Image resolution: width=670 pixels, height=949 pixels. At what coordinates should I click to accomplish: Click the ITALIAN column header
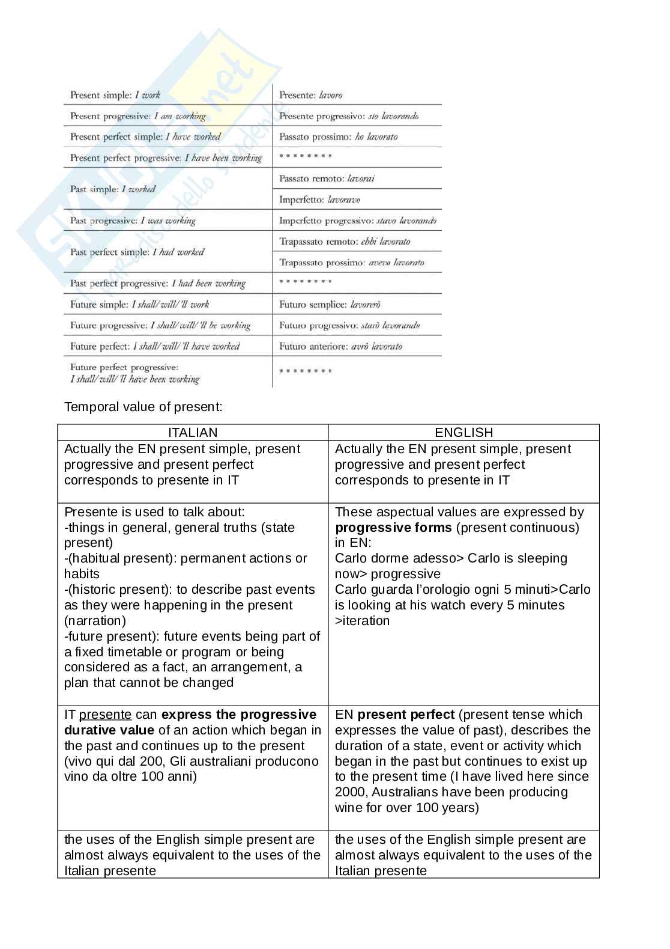coord(193,432)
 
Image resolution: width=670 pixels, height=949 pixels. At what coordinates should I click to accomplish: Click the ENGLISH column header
coord(463,432)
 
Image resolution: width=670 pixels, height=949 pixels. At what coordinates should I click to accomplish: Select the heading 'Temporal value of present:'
coord(143,407)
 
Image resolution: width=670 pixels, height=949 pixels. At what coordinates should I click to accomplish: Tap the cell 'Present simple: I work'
coord(115,95)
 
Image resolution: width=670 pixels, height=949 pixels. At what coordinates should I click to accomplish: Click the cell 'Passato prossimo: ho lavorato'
coord(338,137)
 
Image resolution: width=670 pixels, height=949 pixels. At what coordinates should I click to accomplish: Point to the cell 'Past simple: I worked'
coord(113,189)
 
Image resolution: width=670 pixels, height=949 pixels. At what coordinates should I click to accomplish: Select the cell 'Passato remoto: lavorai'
coord(327,179)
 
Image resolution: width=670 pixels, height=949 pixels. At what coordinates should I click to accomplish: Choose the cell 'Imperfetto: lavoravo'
coord(319,200)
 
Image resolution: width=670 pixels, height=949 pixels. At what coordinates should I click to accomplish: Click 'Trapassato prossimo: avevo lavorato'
coord(352,263)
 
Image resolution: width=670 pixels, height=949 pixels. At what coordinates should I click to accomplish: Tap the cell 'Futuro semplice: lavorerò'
coord(330,305)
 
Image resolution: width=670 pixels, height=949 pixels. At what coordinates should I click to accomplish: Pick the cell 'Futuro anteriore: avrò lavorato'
coord(340,346)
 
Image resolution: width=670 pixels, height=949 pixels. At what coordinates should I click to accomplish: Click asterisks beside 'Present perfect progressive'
coord(306,157)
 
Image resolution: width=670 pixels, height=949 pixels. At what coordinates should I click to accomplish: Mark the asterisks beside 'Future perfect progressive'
coord(306,371)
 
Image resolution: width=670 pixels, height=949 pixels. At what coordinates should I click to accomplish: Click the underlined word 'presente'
coord(105,715)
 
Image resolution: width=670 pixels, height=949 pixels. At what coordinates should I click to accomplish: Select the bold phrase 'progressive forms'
coord(393,528)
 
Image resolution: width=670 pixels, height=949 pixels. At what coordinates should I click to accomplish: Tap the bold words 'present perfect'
coord(406,715)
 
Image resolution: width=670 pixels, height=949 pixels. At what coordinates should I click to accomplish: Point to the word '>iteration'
coord(362,621)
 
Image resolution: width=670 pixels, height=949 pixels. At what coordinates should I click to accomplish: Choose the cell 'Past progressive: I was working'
coord(133,221)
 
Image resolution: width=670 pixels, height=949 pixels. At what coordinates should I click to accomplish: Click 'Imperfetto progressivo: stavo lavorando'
coord(358,221)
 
